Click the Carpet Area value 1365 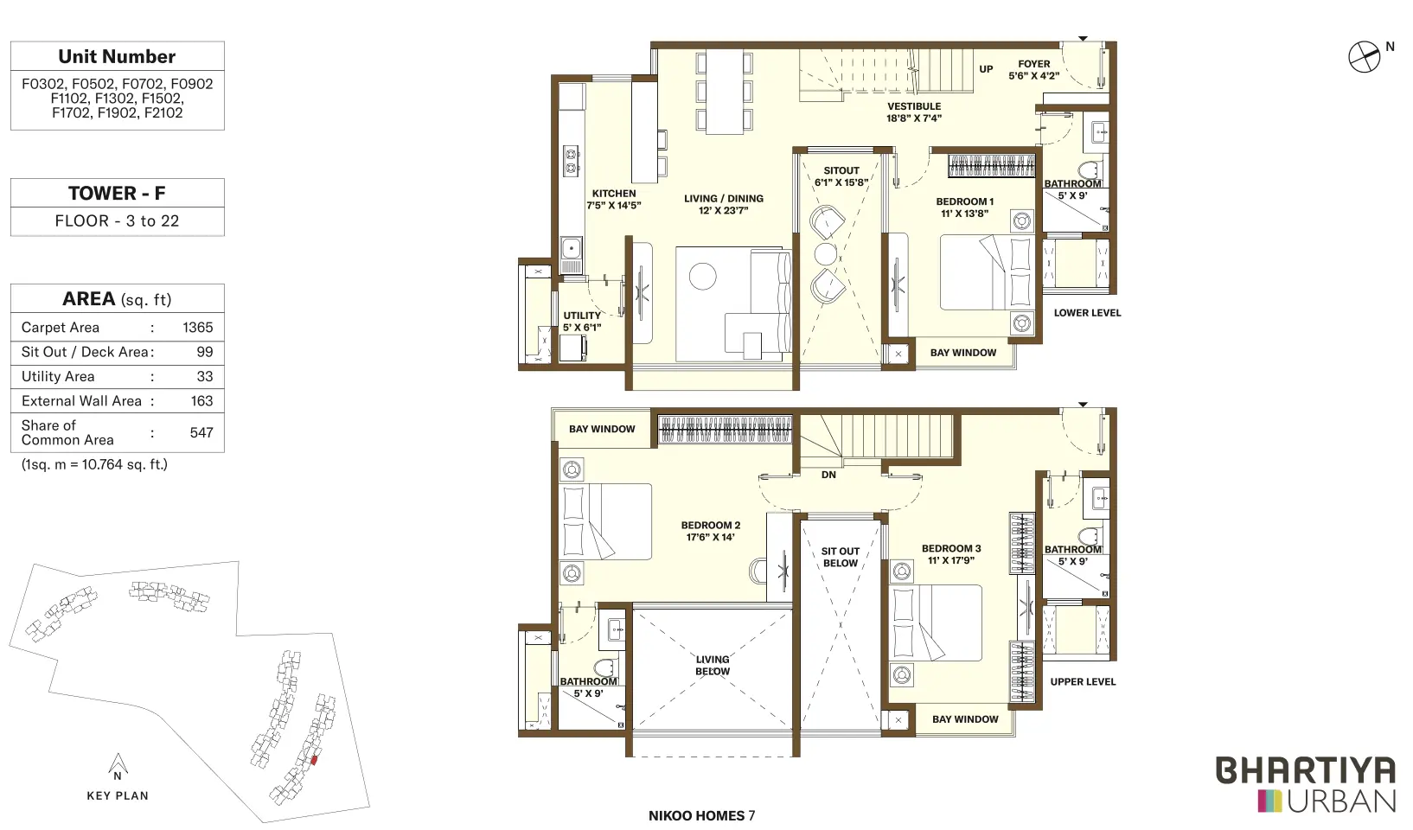(x=197, y=328)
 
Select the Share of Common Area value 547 (x=201, y=432)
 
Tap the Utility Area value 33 (x=204, y=377)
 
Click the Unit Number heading (x=117, y=57)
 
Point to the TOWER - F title (x=117, y=193)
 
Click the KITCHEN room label (x=614, y=194)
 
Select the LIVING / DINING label (x=724, y=199)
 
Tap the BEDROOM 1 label (x=964, y=201)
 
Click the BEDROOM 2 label (x=710, y=526)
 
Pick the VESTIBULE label (x=914, y=106)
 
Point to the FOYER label (x=1034, y=64)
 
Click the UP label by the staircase (x=986, y=69)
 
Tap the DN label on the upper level (x=828, y=475)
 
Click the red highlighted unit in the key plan (x=314, y=760)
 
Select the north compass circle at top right (x=1364, y=57)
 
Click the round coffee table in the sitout (x=826, y=254)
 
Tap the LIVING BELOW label (x=713, y=666)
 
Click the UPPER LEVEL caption (x=1083, y=682)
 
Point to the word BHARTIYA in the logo (x=1306, y=770)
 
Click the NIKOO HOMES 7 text (x=701, y=815)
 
